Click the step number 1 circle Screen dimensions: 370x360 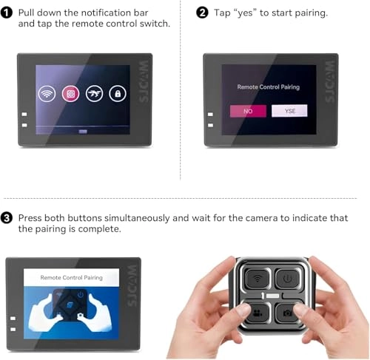click(7, 13)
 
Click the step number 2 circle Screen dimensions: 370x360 click(202, 13)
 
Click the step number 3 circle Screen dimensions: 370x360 click(7, 218)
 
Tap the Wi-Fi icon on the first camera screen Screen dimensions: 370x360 click(47, 94)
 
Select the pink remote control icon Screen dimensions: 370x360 click(70, 94)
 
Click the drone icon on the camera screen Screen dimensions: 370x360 click(94, 94)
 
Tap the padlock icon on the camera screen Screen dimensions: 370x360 click(118, 94)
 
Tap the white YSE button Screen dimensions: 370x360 click(289, 111)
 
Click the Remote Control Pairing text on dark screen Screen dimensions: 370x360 click(269, 87)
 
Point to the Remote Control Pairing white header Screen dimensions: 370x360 click(71, 277)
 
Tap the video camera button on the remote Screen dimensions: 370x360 click(258, 313)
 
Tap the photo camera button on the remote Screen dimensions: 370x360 click(288, 313)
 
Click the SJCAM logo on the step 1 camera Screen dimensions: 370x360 click(144, 81)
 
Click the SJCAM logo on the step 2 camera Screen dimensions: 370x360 click(330, 81)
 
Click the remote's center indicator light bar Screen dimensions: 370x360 click(272, 296)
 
